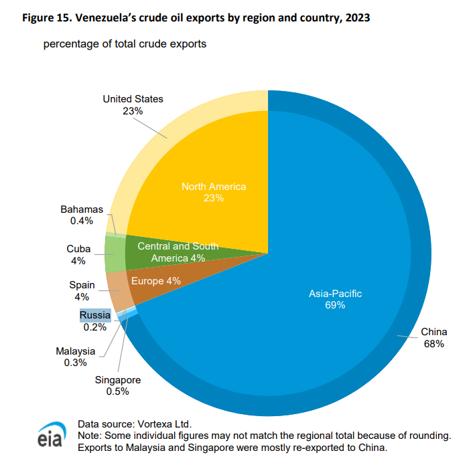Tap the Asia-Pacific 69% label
pyautogui.click(x=326, y=299)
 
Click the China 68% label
pyautogui.click(x=433, y=338)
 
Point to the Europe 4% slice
pyautogui.click(x=155, y=282)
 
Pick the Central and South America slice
pyautogui.click(x=178, y=252)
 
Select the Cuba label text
pyautogui.click(x=78, y=249)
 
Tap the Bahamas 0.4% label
pyautogui.click(x=82, y=215)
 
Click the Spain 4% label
pyautogui.click(x=82, y=291)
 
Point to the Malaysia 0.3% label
pyautogui.click(x=76, y=357)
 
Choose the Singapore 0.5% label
pyautogui.click(x=117, y=386)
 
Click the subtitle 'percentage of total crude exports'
pyautogui.click(x=125, y=45)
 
